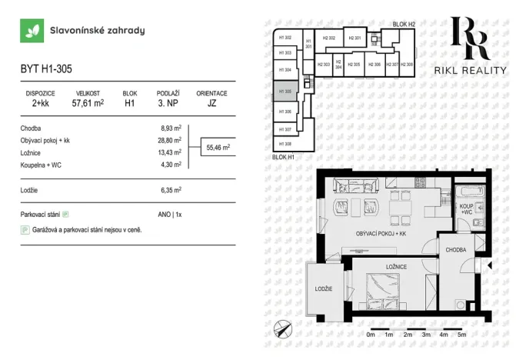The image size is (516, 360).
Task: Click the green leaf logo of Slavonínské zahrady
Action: (32, 32)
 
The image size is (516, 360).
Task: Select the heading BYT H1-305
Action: (46, 68)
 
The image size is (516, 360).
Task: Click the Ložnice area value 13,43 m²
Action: (169, 152)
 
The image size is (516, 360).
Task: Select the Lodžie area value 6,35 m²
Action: (169, 189)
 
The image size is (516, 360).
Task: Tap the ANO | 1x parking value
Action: (167, 214)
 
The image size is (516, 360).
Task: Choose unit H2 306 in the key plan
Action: (374, 65)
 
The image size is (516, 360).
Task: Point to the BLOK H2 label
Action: (403, 25)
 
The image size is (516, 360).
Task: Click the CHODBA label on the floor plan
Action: (455, 249)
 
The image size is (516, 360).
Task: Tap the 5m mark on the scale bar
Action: (461, 335)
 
